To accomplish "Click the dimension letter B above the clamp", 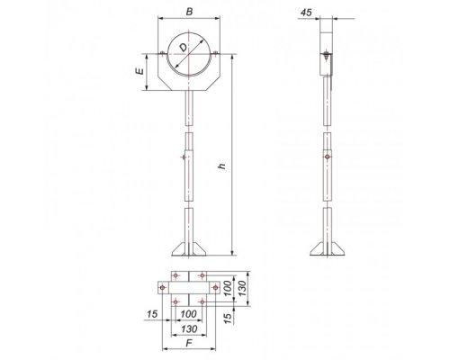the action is coord(189,12).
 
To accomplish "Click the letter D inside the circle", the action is coord(184,47).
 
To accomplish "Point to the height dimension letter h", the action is coord(222,166).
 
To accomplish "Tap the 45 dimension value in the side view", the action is coord(306,13).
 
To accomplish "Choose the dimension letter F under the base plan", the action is coord(189,343).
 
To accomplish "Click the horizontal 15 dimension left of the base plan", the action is coord(152,314).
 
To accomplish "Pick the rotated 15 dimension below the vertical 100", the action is coord(229,318).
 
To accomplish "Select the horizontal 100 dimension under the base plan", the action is coord(188,314).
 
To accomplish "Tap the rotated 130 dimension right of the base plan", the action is coord(242,288).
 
